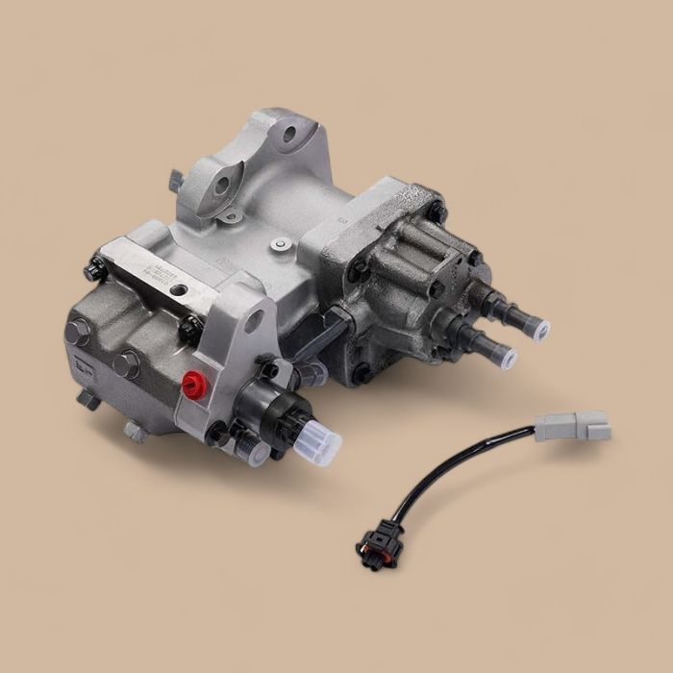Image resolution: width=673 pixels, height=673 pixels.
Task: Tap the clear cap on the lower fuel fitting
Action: click(x=506, y=360)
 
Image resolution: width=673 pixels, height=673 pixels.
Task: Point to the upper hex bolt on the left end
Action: click(x=76, y=331)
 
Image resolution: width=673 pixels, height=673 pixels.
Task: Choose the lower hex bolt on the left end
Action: click(x=126, y=364)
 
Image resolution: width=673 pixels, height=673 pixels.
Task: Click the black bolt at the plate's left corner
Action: click(x=94, y=270)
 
